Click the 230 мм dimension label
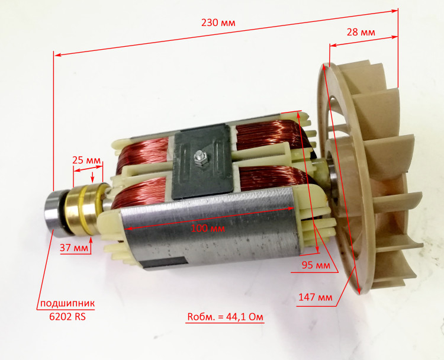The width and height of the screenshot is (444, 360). [x=218, y=22]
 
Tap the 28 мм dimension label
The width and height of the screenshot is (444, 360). [x=361, y=33]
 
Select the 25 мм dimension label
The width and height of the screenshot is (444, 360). [x=86, y=160]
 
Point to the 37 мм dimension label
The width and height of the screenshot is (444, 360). [x=74, y=248]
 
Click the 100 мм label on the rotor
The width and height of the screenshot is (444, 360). [x=208, y=229]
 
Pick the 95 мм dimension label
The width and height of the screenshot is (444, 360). [x=316, y=265]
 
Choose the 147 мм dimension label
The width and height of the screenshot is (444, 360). [x=316, y=297]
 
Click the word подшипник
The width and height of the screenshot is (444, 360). [x=67, y=304]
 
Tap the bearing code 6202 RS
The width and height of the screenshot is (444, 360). [x=67, y=316]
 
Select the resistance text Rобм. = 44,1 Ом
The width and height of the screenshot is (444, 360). [x=225, y=316]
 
